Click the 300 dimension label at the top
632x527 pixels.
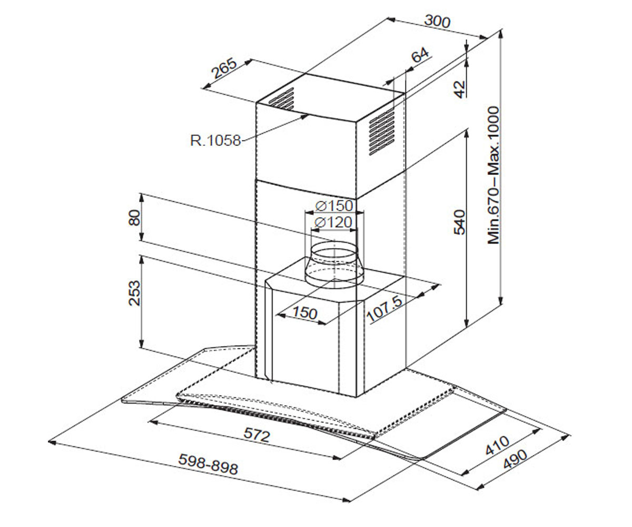coord(437,21)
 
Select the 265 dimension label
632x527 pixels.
coord(224,68)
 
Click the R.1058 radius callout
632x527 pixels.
coord(215,141)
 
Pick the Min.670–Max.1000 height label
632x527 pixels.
coord(493,175)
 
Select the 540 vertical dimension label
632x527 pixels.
coord(459,222)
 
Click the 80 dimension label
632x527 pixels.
coord(134,218)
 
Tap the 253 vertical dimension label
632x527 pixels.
coord(134,293)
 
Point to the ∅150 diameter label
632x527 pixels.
coord(334,206)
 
